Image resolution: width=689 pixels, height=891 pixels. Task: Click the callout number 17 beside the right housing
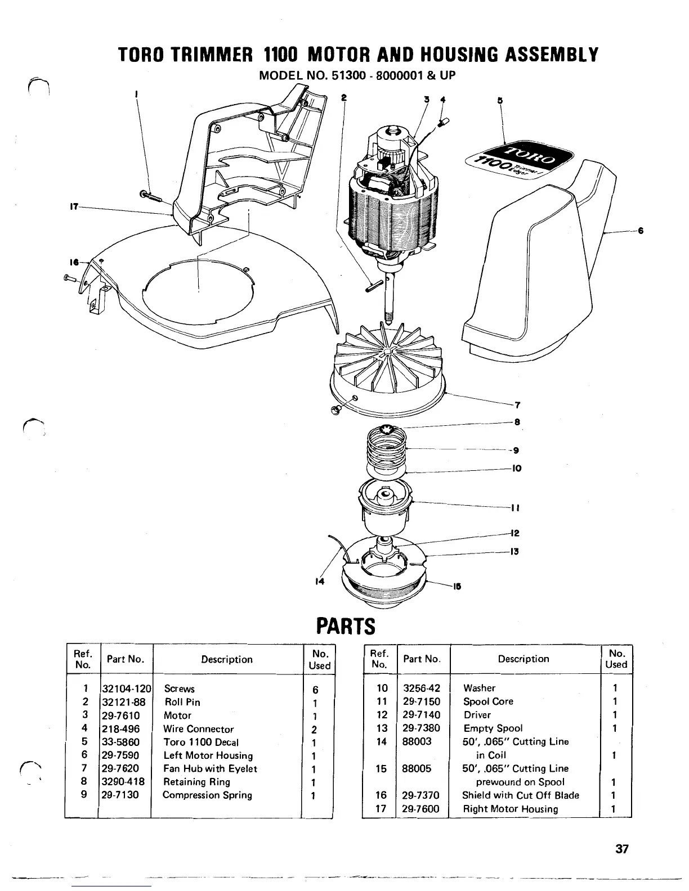point(73,206)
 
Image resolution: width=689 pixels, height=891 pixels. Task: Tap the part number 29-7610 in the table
point(120,715)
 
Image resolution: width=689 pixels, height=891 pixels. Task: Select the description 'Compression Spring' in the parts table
point(207,795)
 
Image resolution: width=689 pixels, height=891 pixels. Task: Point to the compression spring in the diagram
point(386,448)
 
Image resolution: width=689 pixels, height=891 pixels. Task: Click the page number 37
point(621,849)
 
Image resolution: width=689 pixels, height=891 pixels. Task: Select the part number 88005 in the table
point(417,768)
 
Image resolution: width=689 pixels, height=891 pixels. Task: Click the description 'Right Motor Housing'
point(510,809)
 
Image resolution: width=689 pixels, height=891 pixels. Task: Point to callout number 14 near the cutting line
point(319,582)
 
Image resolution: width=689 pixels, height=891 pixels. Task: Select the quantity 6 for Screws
point(315,689)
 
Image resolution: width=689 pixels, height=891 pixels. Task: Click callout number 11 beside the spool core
point(514,508)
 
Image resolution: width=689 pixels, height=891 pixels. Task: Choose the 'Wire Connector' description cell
point(198,729)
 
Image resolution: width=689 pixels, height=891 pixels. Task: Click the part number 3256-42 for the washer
point(422,688)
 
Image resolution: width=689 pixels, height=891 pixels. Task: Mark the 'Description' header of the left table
point(227,659)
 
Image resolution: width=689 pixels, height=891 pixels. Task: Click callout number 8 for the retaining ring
point(517,422)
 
